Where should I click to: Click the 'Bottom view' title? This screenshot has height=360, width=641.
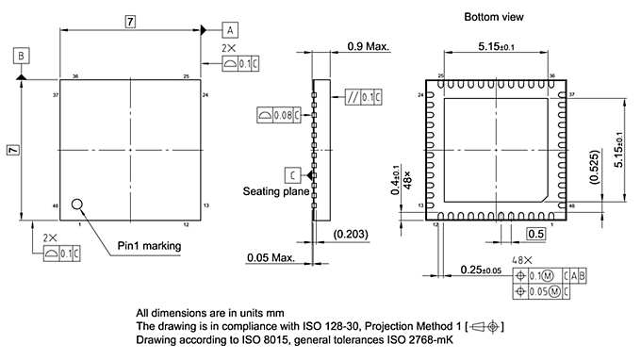pyautogui.click(x=493, y=17)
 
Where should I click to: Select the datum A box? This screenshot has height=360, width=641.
pyautogui.click(x=230, y=28)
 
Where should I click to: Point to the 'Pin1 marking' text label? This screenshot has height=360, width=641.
pyautogui.click(x=148, y=246)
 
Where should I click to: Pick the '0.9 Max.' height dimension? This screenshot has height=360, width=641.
pyautogui.click(x=369, y=46)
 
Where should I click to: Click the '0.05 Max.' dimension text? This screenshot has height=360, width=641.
pyautogui.click(x=271, y=257)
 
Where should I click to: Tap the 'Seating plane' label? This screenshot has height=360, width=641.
pyautogui.click(x=275, y=191)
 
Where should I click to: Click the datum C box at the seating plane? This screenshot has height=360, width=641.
pyautogui.click(x=294, y=175)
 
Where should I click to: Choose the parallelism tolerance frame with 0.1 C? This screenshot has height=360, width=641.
pyautogui.click(x=364, y=96)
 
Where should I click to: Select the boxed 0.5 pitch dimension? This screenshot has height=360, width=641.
pyautogui.click(x=534, y=234)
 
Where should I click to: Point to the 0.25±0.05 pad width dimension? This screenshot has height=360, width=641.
pyautogui.click(x=489, y=270)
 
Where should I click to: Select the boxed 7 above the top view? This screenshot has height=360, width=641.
pyautogui.click(x=131, y=20)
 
